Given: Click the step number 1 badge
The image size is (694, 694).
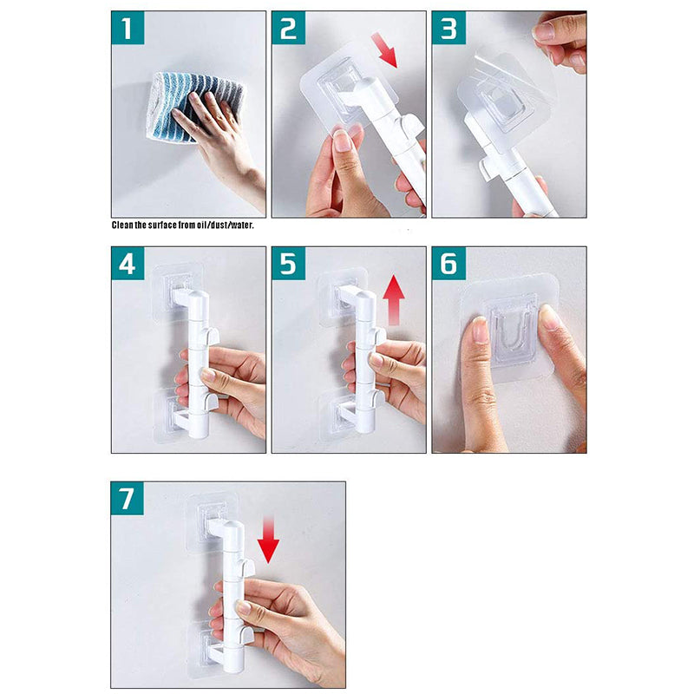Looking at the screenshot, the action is coord(128,28).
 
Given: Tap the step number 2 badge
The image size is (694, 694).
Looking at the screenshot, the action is coord(288,28).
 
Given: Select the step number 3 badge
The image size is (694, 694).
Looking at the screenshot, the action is coord(448,28).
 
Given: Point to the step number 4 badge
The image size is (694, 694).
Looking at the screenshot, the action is coord(128,264).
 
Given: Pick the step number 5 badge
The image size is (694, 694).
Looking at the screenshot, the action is coord(288,264).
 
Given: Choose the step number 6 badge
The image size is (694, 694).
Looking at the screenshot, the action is coord(448,264).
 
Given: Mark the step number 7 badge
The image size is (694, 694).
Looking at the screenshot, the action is coord(127,498).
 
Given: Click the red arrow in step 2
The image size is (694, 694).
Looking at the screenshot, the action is coord(384,49).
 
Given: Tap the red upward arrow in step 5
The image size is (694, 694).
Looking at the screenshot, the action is coord(394,300).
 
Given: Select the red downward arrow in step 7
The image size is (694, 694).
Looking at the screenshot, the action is coord(268,539).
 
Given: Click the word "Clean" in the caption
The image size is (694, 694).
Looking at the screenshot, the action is coord(121,225).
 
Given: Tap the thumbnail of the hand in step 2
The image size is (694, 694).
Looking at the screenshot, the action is coord(343,141).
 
